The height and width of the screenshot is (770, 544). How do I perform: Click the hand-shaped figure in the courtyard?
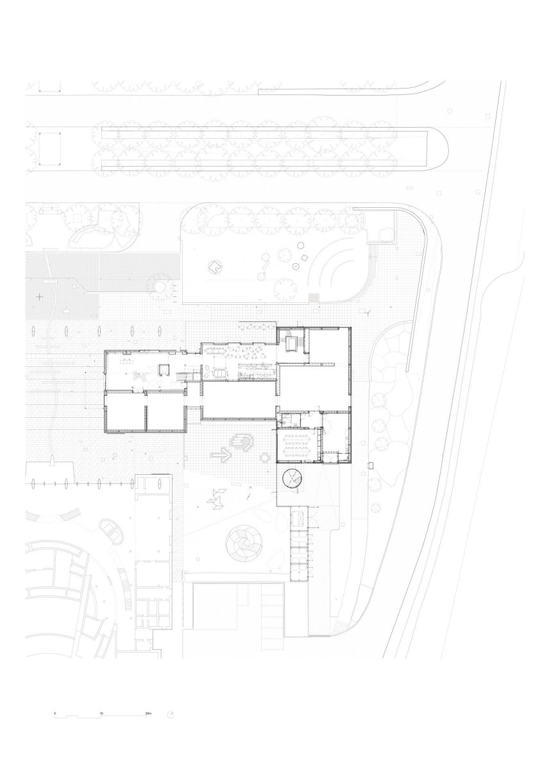click(243, 441)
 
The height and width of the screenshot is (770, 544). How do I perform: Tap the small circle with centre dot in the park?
click(295, 266)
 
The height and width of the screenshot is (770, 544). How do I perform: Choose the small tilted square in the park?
click(304, 257)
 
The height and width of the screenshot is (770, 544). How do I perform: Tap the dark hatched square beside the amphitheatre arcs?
click(314, 296)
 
